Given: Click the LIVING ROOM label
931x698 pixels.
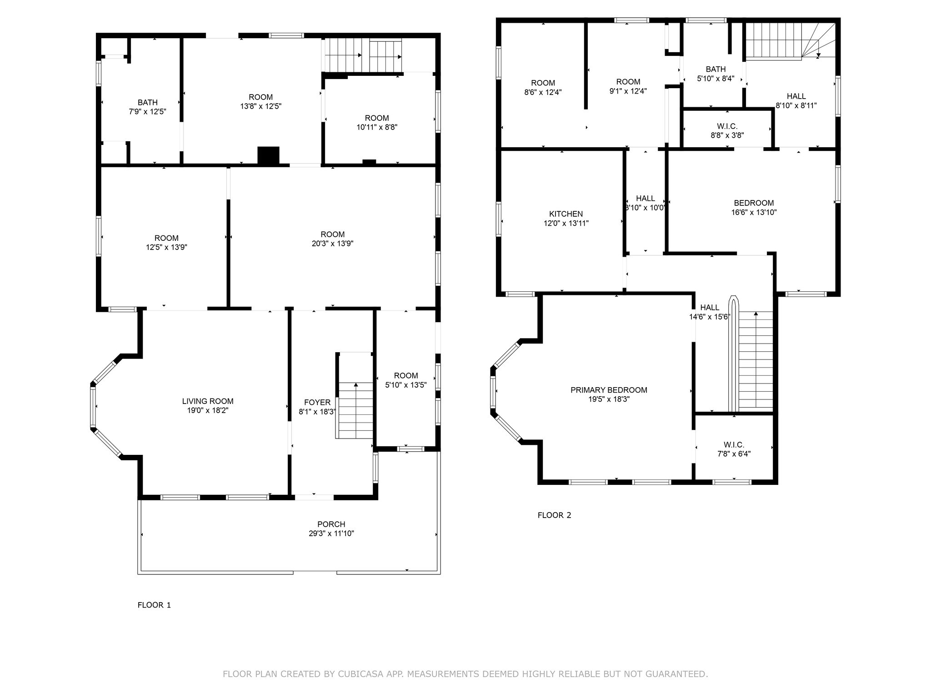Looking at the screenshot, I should (x=208, y=401).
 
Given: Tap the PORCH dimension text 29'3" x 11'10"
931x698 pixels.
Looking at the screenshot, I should (x=331, y=533).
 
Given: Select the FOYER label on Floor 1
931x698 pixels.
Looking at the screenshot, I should (x=317, y=403).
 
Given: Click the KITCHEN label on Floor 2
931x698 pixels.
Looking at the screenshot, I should (x=566, y=214).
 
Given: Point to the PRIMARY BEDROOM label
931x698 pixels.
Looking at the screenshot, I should (x=609, y=390).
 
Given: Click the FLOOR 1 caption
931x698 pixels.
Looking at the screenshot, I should (x=154, y=605).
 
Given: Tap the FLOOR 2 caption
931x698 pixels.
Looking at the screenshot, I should (x=554, y=515).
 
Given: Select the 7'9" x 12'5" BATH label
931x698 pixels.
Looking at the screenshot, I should (x=147, y=103).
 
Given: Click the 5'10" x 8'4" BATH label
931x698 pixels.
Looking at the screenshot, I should (x=716, y=70).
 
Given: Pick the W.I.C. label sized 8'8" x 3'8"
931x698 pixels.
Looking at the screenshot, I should (x=727, y=126).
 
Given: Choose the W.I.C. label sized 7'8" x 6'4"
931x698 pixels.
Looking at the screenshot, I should (x=734, y=445).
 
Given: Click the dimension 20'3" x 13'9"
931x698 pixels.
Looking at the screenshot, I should (x=332, y=244).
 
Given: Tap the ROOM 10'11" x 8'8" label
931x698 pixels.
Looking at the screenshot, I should (x=377, y=118).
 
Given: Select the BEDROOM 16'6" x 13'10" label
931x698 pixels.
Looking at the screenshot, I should (x=754, y=203).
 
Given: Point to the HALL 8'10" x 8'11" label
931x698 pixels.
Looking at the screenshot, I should (x=796, y=96).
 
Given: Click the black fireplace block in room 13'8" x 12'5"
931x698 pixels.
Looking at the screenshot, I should (x=268, y=155).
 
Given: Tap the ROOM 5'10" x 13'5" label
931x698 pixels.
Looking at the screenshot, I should (x=405, y=376).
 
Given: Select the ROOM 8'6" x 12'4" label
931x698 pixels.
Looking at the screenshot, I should (x=543, y=83).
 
